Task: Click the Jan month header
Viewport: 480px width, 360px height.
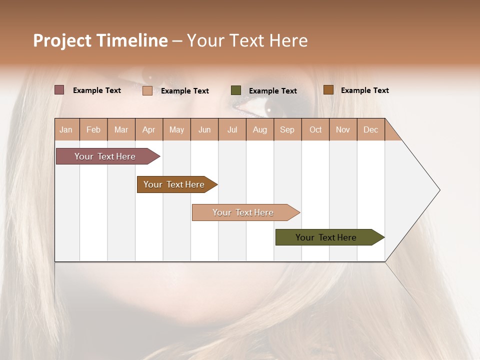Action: (66, 129)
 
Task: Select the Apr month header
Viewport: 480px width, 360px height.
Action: (148, 129)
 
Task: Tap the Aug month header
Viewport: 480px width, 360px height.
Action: (259, 129)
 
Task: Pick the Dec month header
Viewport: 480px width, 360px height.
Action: (370, 129)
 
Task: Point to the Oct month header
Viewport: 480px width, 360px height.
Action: (315, 129)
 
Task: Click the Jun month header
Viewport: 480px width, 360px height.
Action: (204, 129)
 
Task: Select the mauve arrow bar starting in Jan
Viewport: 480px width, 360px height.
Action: (105, 156)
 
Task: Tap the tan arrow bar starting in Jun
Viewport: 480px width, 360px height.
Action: (243, 212)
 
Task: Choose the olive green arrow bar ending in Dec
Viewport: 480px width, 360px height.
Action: (326, 237)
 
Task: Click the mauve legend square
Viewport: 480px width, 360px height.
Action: (59, 90)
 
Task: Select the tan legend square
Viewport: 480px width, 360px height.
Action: (147, 90)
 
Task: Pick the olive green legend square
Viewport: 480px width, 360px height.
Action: (236, 90)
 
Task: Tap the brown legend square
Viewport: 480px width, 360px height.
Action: (328, 90)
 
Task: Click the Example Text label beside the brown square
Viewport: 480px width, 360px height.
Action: (364, 90)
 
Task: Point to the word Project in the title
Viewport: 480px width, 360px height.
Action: (62, 40)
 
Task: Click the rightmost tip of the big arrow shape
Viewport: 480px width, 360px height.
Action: (439, 189)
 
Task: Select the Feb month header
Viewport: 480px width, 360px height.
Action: (93, 129)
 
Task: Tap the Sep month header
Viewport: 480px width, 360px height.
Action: (287, 129)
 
